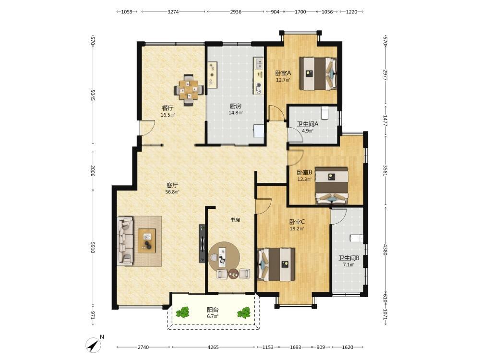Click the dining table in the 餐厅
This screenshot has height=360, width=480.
(x=189, y=90)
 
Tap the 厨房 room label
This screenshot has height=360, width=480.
(x=235, y=106)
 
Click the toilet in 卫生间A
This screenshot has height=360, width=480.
(x=325, y=113)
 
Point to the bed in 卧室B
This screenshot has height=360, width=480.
(x=332, y=185)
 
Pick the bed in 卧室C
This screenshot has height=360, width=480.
(x=276, y=264)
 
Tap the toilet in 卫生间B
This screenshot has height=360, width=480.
(x=357, y=238)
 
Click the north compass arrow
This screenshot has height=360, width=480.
(x=94, y=345)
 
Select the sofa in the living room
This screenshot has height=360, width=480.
(x=125, y=241)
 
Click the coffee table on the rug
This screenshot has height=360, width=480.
(x=146, y=241)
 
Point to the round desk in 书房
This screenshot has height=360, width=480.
(x=224, y=257)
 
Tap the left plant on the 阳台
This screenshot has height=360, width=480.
(x=183, y=312)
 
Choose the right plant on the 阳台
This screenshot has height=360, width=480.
(x=244, y=313)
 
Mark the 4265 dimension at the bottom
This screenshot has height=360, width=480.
(x=213, y=347)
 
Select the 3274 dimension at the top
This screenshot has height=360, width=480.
(x=173, y=12)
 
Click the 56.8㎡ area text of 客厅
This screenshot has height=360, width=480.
(x=172, y=192)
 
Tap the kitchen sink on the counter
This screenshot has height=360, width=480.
(x=259, y=64)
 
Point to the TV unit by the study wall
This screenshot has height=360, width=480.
(x=202, y=244)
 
